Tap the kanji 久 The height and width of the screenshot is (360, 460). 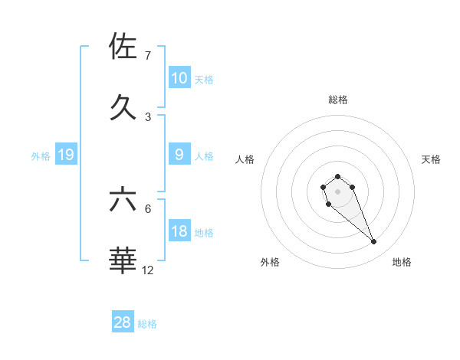pos(123,106)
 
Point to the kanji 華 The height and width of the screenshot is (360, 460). pos(123,260)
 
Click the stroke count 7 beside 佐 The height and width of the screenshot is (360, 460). pos(147,56)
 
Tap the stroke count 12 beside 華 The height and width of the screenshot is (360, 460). pos(148,270)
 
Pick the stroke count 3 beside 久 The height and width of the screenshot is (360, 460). pos(147,116)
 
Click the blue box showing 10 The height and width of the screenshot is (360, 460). pos(179,78)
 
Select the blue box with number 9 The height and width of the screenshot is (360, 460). pos(179,155)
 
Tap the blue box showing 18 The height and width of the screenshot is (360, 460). pos(179,231)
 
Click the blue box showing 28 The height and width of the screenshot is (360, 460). pos(123,322)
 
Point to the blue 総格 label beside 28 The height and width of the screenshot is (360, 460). pos(147,324)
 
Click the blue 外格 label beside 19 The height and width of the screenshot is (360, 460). pos(41,156)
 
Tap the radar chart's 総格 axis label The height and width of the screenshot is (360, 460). pos(338,100)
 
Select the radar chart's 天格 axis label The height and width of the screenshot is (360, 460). pos(432,159)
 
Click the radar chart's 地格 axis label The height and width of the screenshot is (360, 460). pos(402,262)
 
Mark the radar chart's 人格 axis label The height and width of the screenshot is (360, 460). pos(245,159)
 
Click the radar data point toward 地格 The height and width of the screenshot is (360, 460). pos(373,242)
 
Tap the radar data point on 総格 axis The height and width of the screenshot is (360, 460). pos(337,177)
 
